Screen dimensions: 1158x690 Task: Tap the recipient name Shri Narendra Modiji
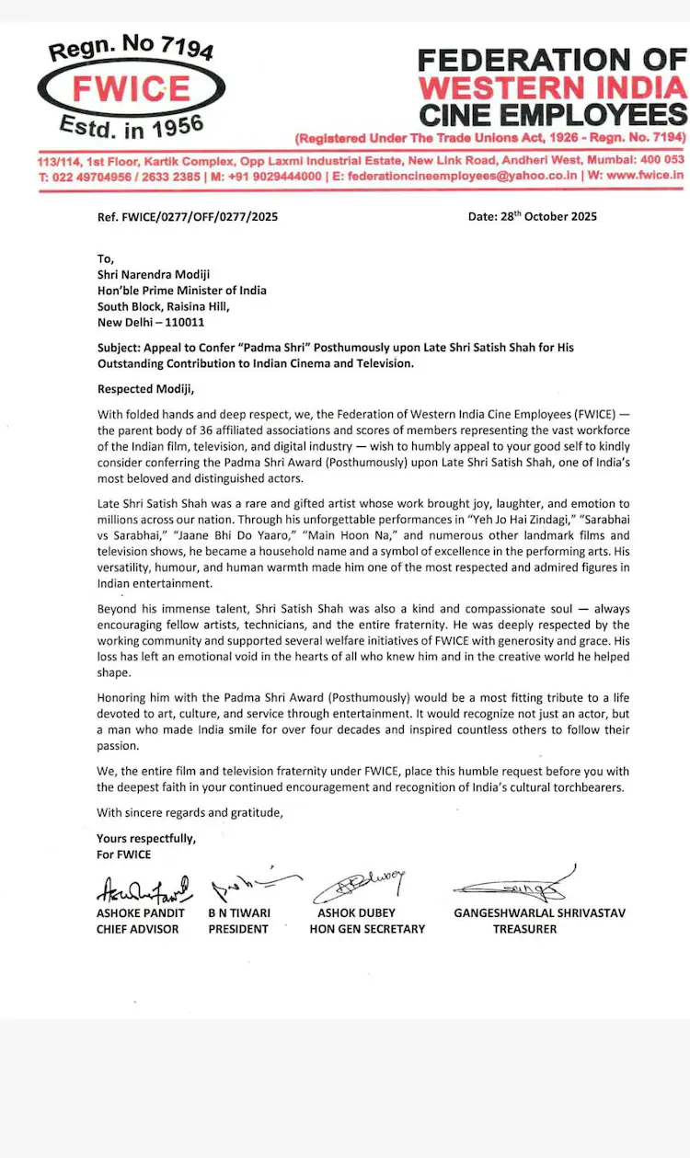click(x=153, y=275)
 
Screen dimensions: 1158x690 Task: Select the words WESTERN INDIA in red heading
click(x=552, y=88)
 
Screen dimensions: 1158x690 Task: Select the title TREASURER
click(x=524, y=929)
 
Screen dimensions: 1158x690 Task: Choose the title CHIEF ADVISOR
click(x=138, y=929)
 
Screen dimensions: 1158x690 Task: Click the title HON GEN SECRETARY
click(x=367, y=929)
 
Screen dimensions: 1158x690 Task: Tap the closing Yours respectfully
click(x=145, y=839)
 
